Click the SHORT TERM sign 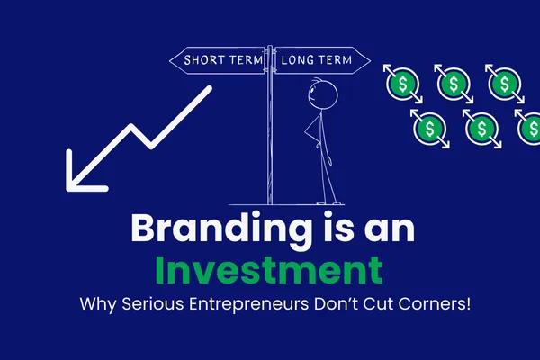(x=220, y=61)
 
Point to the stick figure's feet (x=329, y=200)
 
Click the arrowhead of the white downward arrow (x=83, y=174)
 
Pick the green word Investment (x=269, y=271)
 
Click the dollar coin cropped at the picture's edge (x=531, y=129)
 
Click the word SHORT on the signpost (x=205, y=61)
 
